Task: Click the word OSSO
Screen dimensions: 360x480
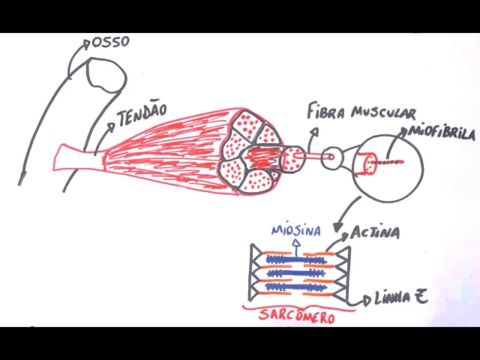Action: (109, 42)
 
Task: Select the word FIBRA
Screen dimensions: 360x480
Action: (328, 112)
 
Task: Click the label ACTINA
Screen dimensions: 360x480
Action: (375, 232)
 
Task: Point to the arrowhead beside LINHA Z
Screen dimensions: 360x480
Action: (367, 300)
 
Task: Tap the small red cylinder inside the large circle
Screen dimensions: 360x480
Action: (369, 164)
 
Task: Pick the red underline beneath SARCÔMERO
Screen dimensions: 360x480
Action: (298, 307)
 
